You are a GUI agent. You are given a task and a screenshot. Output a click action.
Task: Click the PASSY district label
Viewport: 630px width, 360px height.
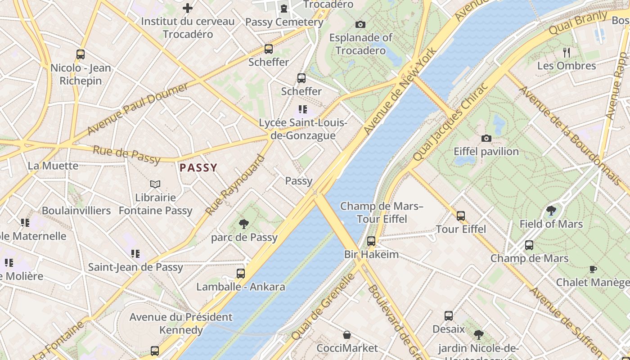coord(198,168)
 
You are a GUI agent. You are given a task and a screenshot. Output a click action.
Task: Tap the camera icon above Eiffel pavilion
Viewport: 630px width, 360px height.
coord(486,138)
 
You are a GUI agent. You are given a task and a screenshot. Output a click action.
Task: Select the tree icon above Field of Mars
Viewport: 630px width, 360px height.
coord(551,211)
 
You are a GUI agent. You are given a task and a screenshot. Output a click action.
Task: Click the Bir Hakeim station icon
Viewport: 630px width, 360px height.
coord(371,241)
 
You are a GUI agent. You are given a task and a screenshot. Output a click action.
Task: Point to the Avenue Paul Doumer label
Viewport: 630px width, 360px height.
coord(138,108)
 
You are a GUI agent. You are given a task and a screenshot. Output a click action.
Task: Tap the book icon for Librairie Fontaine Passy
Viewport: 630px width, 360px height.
coord(155,184)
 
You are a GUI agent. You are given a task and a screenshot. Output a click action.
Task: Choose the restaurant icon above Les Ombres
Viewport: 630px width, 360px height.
coord(567,53)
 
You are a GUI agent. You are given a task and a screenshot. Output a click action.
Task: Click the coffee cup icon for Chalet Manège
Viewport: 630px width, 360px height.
coord(593,269)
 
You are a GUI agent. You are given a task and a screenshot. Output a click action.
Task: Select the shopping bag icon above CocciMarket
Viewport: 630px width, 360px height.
coord(347,335)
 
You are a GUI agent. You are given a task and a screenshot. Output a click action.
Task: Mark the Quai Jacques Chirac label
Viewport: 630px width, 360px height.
coord(450,122)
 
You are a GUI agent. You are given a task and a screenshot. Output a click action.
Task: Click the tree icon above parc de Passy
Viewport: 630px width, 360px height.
coord(244,224)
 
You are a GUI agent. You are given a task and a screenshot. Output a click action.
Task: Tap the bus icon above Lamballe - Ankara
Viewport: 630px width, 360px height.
coord(241,273)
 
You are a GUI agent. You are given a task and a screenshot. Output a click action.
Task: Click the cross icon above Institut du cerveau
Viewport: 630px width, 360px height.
coord(188,8)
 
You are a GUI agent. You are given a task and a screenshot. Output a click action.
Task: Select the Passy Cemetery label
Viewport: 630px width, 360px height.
coord(284,22)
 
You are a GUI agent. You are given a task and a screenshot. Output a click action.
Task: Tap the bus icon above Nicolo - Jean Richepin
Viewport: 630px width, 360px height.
coord(81,54)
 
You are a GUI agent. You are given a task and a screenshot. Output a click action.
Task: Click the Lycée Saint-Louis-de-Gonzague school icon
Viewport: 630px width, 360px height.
coord(303,109)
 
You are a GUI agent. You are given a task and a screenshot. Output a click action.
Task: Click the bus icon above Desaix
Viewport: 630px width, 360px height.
coord(449,315)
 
